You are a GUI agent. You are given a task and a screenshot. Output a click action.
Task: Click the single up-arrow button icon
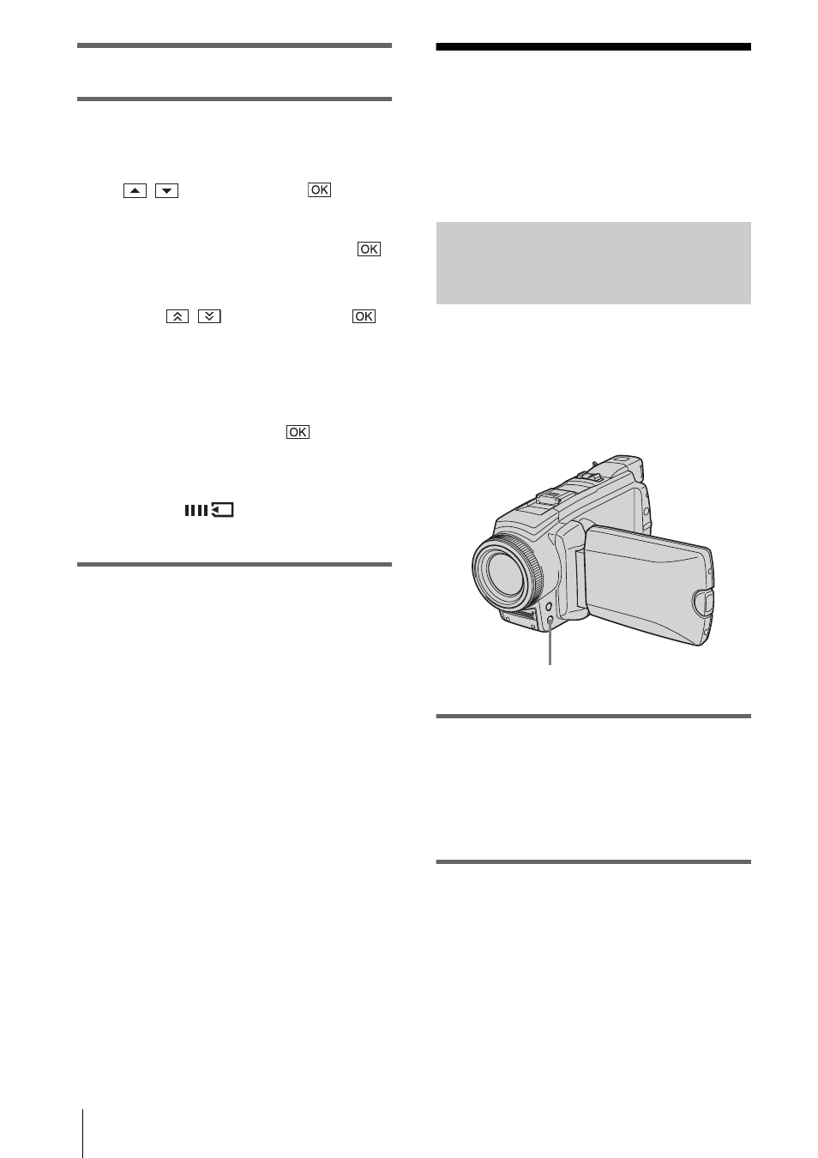tap(135, 191)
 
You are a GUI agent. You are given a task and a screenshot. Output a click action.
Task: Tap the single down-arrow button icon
tap(166, 191)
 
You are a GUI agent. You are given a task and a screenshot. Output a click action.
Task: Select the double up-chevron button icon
tap(177, 316)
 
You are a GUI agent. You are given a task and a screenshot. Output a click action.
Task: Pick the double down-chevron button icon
tap(209, 316)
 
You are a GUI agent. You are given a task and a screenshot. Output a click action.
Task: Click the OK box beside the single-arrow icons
tap(320, 189)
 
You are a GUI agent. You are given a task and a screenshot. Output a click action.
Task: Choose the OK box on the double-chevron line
tap(364, 316)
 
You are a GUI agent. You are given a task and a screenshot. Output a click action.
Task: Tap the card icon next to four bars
tap(223, 510)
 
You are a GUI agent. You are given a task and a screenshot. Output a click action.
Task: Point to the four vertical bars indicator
tap(196, 511)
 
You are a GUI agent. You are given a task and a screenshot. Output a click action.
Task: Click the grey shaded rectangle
tap(593, 263)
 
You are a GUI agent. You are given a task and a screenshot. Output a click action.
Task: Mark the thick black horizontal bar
tap(593, 47)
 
